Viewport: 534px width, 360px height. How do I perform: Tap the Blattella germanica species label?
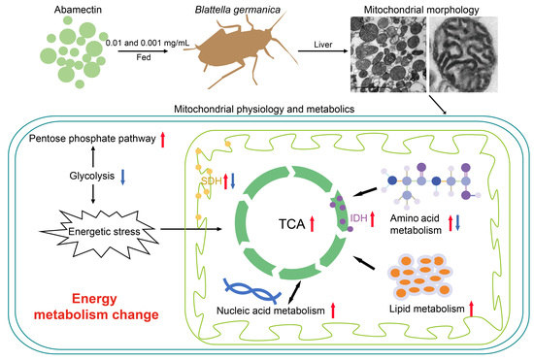215,9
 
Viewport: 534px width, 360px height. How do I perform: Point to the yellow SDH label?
212,181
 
